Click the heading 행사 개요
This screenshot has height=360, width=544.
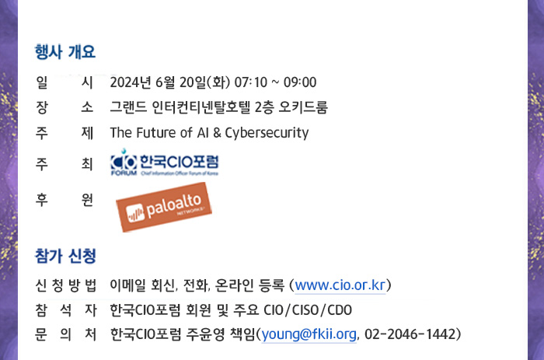coord(65,52)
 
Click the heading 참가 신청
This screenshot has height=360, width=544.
coord(65,256)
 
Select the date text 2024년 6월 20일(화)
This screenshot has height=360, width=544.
coord(170,82)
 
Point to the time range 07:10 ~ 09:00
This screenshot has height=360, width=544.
coord(275,82)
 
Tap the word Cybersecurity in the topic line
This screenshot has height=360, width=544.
coord(267,133)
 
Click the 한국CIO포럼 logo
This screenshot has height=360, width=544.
coord(165,163)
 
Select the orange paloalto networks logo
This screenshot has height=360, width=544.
coord(164,207)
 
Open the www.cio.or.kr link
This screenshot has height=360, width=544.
coord(340,285)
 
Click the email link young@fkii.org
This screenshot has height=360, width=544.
coord(309,334)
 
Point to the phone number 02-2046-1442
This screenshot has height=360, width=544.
coord(410,334)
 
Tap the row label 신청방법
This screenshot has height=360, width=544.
coord(65,285)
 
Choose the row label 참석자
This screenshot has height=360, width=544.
coord(65,310)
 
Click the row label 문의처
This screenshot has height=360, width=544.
coord(65,334)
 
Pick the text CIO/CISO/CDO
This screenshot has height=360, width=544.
coord(308,310)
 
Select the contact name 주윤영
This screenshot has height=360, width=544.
coord(205,334)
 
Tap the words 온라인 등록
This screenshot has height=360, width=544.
coord(249,285)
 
